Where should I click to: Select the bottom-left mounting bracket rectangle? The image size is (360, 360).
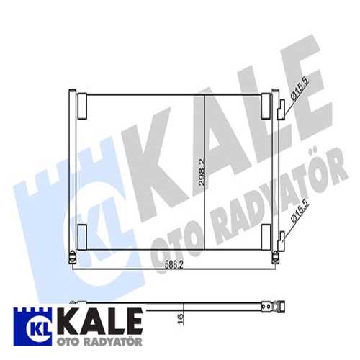pos(81,236)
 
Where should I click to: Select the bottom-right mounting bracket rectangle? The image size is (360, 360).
pos(266,236)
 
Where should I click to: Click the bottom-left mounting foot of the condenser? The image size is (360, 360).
pos(72,256)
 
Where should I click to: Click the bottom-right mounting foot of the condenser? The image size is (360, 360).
pos(274,256)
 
